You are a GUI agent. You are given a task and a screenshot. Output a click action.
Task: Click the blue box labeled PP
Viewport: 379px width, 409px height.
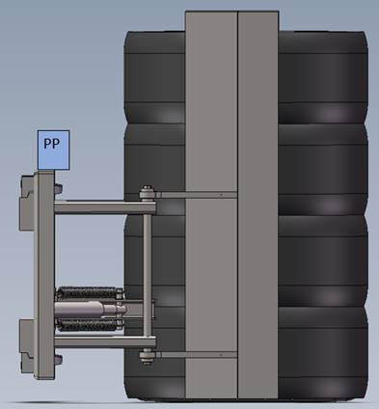(53, 150)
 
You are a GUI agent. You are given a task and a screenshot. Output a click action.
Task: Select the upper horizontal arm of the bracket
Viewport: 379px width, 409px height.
(105, 207)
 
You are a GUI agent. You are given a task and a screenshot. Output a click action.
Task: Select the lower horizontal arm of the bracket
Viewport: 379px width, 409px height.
(105, 342)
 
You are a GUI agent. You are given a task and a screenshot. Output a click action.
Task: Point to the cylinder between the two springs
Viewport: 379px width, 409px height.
(90, 310)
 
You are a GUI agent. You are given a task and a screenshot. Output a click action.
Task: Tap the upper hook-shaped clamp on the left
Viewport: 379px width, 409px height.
(27, 203)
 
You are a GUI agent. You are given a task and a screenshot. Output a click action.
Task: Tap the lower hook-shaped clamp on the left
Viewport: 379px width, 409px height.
(27, 347)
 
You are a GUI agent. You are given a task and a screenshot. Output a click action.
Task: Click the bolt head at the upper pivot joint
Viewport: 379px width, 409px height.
(147, 194)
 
